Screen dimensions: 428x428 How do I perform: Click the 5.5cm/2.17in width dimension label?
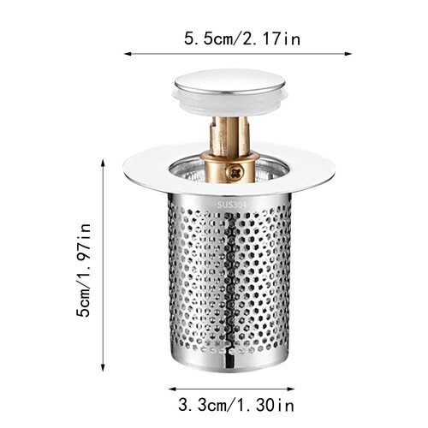pyautogui.click(x=242, y=39)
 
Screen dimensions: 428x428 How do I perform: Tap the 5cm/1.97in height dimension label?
pyautogui.click(x=84, y=270)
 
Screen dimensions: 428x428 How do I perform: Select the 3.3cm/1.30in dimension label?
pyautogui.click(x=236, y=405)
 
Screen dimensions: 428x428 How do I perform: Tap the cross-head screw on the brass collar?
pyautogui.click(x=235, y=172)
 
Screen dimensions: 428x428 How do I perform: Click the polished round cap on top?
pyautogui.click(x=229, y=81)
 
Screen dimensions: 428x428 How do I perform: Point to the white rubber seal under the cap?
pyautogui.click(x=229, y=101)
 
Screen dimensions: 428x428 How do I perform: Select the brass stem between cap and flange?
pyautogui.click(x=229, y=136)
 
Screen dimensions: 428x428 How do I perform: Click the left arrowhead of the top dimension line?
pyautogui.click(x=128, y=54)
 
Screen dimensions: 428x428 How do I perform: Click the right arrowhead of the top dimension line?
pyautogui.click(x=348, y=54)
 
